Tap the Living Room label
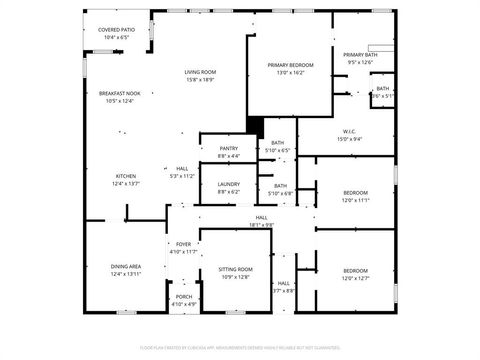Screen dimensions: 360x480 [200, 72]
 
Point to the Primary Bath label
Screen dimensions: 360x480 [359, 54]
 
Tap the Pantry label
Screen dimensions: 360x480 [228, 149]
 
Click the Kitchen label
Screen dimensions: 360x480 [125, 176]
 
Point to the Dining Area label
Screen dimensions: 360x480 [125, 266]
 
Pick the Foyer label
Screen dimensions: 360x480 [184, 244]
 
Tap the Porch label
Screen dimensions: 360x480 [184, 297]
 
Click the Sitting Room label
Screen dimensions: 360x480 [235, 270]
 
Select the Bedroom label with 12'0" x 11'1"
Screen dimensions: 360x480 [356, 192]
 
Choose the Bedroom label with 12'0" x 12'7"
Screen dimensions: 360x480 [356, 271]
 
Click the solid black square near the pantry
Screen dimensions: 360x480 [254, 126]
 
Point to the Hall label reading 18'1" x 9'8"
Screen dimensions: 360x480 [261, 217]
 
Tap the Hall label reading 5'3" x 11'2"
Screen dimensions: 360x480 [182, 168]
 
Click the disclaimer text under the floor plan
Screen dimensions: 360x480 [240, 347]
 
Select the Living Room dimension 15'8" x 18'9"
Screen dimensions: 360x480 [200, 80]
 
